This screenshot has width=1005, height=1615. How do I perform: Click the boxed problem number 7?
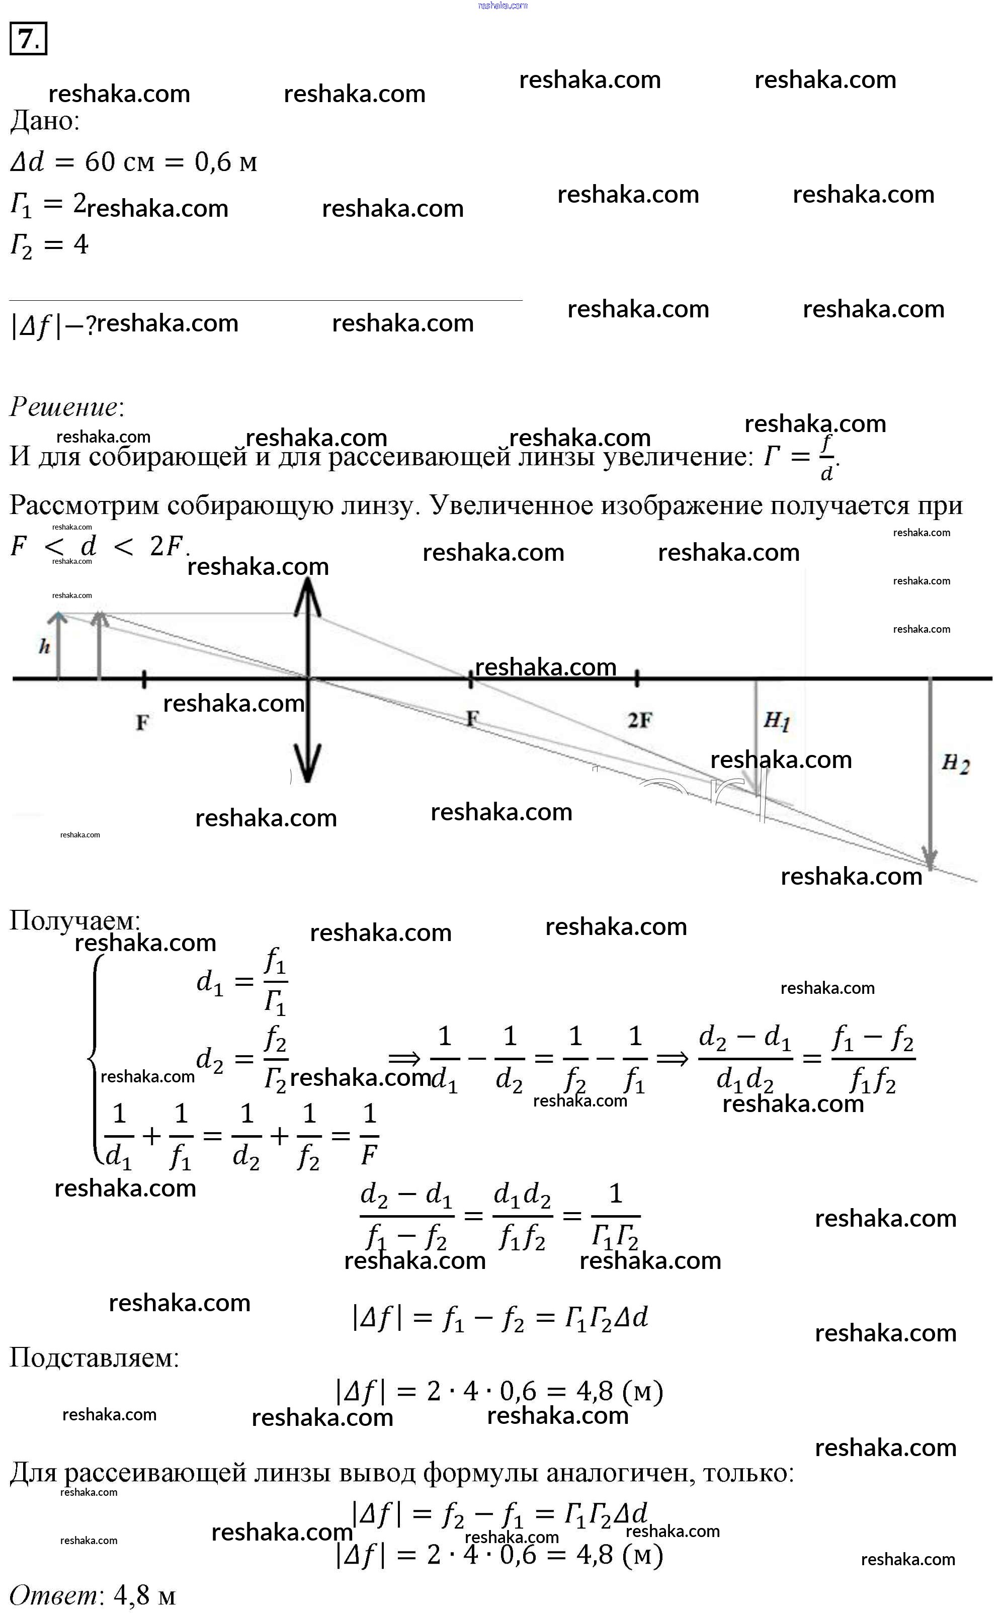[x=28, y=39]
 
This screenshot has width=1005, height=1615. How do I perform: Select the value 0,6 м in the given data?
[x=225, y=162]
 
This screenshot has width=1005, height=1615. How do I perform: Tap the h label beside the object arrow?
[x=44, y=646]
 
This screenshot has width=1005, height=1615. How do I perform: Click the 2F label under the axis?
[x=639, y=720]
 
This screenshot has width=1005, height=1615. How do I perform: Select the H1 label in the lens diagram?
[x=776, y=720]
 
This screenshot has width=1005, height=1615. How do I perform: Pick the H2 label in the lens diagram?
[x=955, y=763]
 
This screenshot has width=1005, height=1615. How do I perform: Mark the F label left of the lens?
[x=142, y=722]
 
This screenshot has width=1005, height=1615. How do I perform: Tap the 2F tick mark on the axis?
[x=637, y=678]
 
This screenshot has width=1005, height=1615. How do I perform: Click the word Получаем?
[x=74, y=920]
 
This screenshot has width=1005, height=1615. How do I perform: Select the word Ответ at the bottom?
[x=53, y=1595]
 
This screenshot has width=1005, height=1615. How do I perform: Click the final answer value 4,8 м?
[x=145, y=1595]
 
